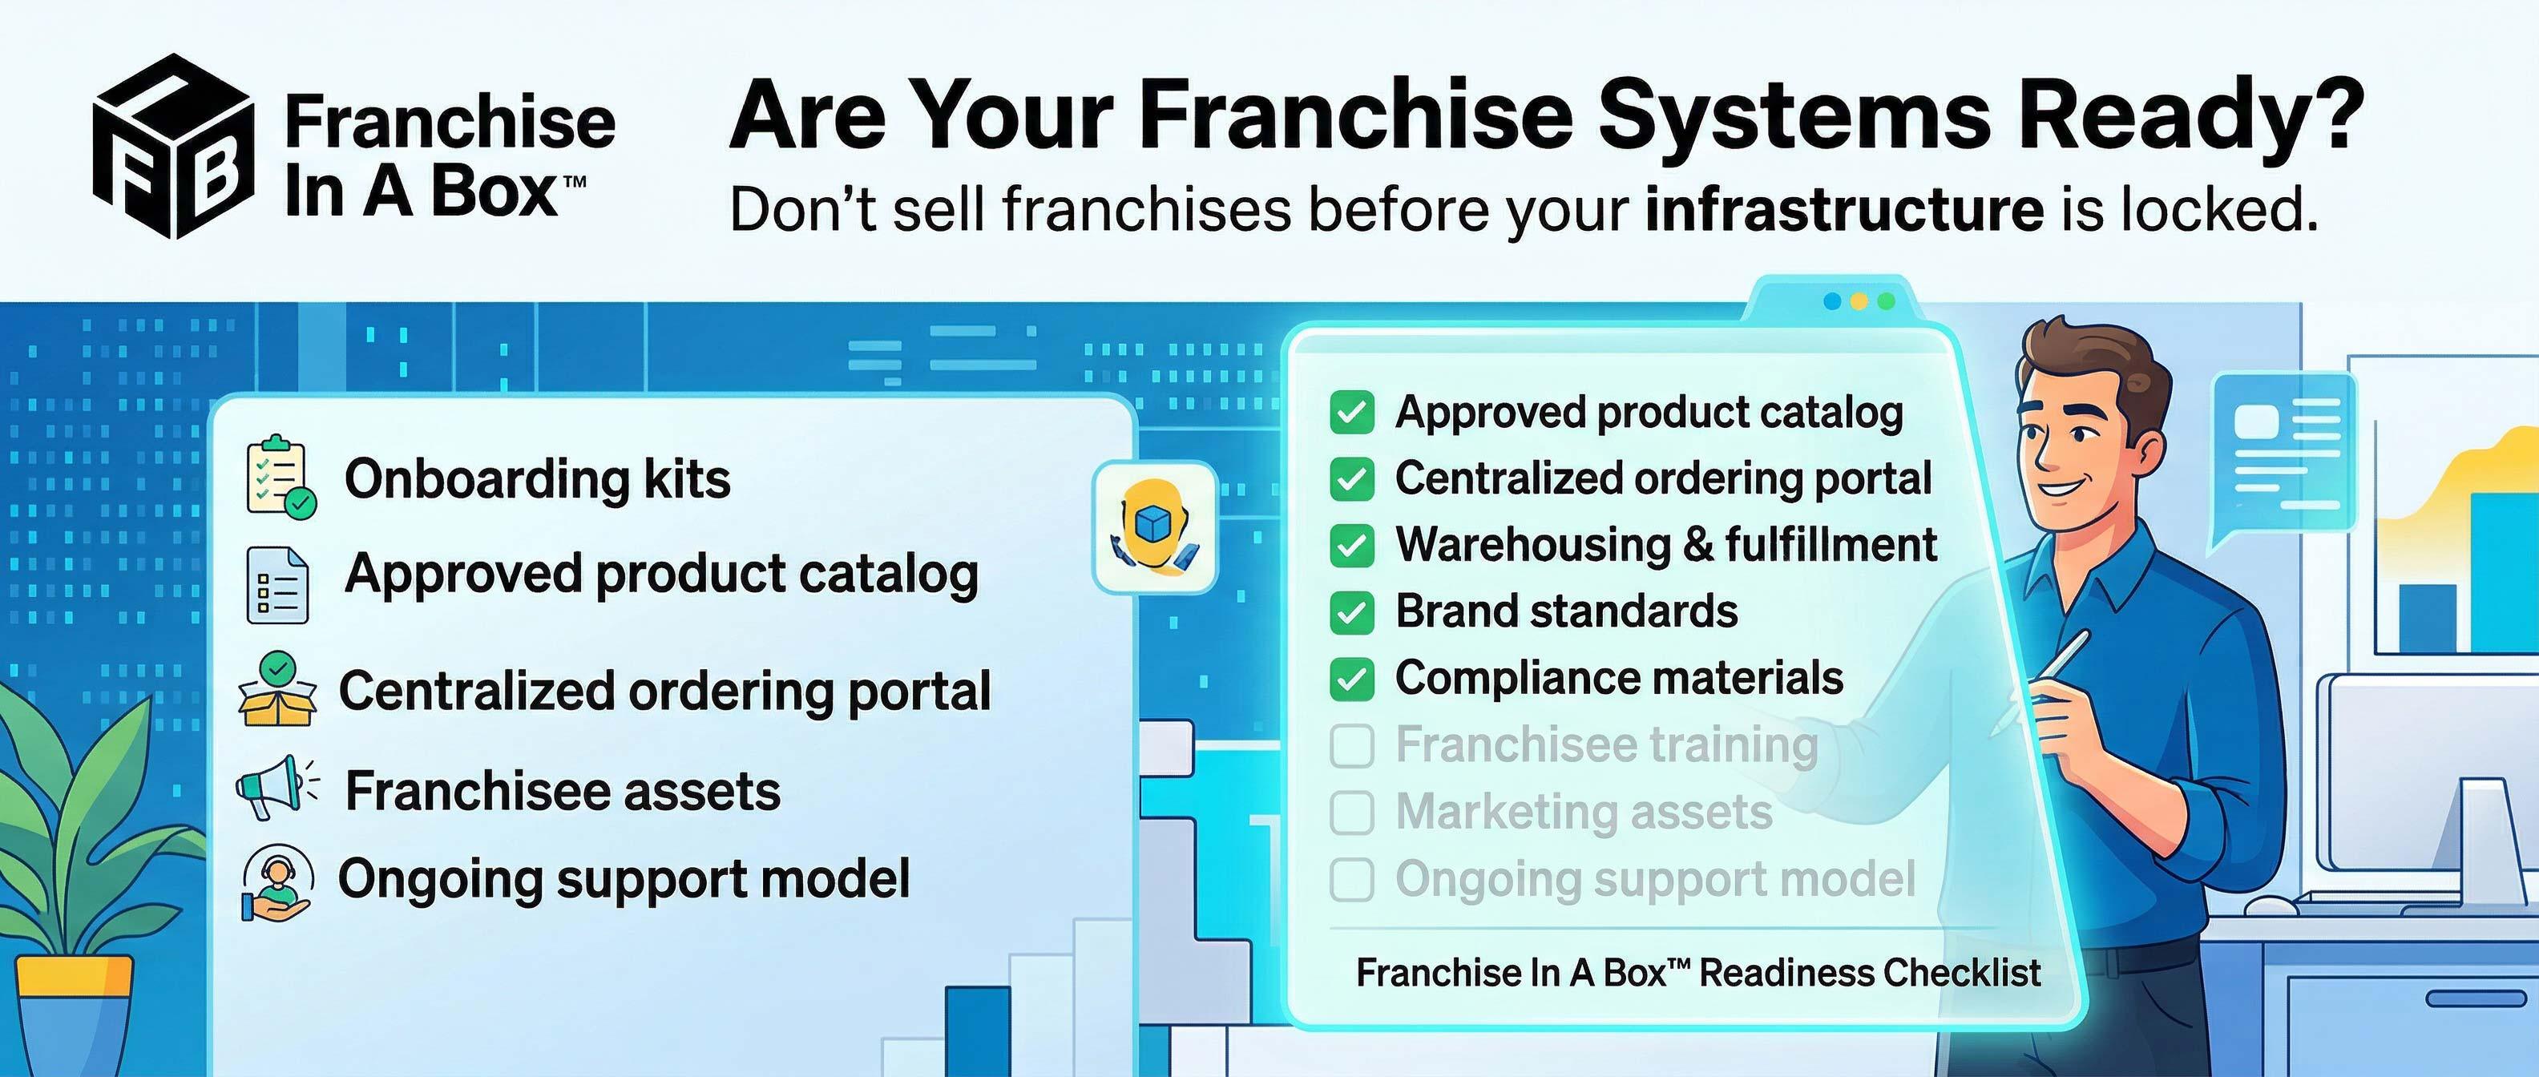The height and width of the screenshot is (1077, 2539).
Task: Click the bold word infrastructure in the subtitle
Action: pos(1844,211)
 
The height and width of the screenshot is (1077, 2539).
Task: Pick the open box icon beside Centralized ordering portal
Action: pos(278,690)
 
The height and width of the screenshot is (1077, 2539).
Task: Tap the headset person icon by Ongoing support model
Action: pos(278,881)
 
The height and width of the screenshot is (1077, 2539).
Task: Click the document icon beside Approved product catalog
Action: pos(277,584)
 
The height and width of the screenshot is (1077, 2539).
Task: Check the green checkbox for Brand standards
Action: pos(1351,613)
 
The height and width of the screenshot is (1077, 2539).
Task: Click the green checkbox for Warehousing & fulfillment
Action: pos(1351,546)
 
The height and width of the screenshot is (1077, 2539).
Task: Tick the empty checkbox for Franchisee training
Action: pos(1351,746)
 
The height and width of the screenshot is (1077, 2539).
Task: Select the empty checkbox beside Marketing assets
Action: pos(1351,813)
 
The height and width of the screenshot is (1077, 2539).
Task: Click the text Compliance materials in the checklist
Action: pos(1618,678)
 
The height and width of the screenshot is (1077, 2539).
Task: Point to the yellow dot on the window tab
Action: pos(1859,301)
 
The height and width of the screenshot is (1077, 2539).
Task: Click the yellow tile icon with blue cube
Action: pos(1154,527)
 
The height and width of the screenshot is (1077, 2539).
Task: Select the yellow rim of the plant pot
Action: pos(74,975)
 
